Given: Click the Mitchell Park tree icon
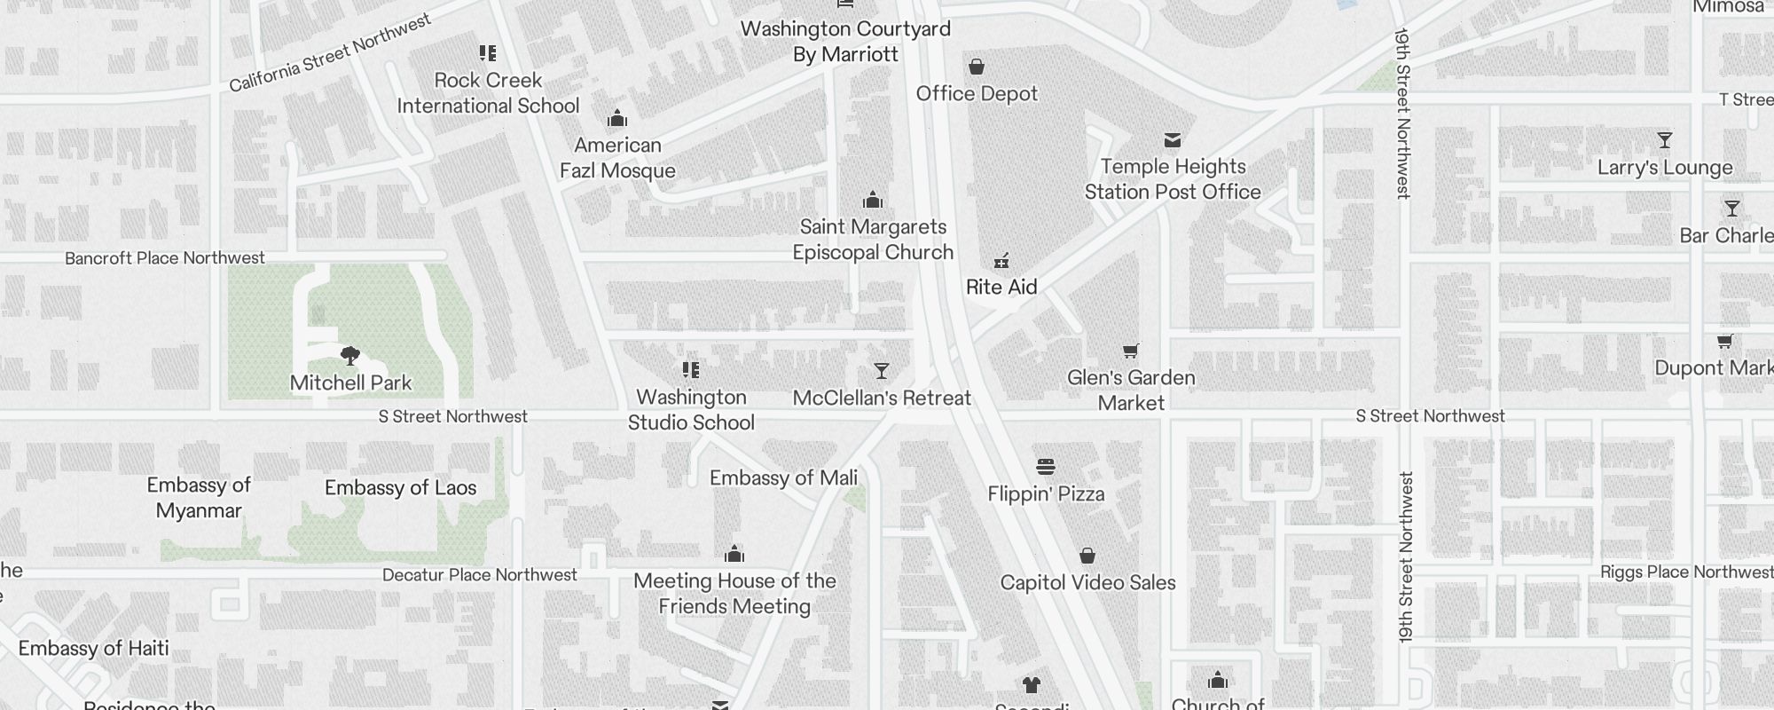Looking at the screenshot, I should (350, 356).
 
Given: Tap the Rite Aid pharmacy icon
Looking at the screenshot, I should (1001, 261).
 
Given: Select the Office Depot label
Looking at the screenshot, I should (977, 93).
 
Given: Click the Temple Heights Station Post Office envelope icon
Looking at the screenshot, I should (1173, 140).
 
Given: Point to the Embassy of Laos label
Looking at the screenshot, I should (400, 487).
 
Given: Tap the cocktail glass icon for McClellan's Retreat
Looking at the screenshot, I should (881, 371).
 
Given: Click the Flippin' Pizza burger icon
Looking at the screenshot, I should (1046, 467).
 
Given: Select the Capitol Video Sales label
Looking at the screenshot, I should (1087, 582).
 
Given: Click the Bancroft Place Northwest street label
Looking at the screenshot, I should (165, 258).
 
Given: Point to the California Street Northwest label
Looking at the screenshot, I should (330, 53).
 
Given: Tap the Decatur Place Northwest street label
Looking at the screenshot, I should (480, 574).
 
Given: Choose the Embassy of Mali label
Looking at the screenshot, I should (783, 478).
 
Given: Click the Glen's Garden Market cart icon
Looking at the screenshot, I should (1130, 351).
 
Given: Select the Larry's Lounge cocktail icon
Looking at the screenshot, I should (1665, 140).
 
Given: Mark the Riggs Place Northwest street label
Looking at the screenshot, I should (1685, 572).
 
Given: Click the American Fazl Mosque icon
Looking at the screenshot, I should (617, 119).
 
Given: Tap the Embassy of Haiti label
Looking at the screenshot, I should (93, 648).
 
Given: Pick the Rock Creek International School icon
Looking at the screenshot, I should (488, 53).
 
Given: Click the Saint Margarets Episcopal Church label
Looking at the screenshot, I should (873, 240).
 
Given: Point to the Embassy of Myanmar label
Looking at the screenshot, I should (199, 498).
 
